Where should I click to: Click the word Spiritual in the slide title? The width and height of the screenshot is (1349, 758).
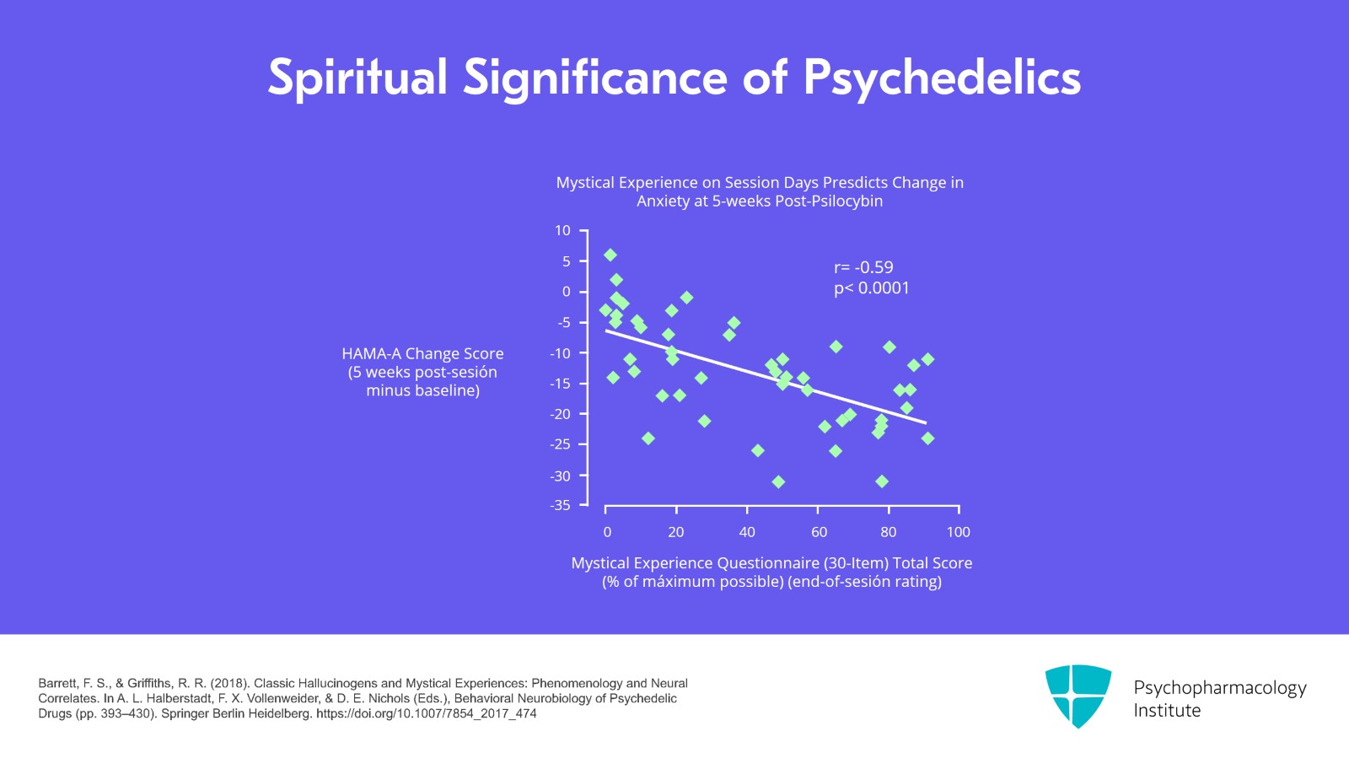coord(357,78)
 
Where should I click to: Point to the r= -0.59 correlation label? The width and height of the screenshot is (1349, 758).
coord(863,267)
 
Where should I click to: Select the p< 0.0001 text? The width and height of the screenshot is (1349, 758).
coord(872,288)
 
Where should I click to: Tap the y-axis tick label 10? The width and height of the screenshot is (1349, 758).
coord(562,230)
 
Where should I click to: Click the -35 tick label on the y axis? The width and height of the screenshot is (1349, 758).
coord(560,505)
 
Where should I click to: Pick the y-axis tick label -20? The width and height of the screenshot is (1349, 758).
coord(560,414)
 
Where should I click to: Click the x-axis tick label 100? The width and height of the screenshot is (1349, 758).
coord(958,532)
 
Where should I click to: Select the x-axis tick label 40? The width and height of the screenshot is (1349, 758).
coord(747,532)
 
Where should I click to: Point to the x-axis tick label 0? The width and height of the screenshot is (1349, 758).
coord(607,532)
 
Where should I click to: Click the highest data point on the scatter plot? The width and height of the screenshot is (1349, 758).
coord(610,255)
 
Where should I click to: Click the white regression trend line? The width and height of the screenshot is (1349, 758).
coord(766,376)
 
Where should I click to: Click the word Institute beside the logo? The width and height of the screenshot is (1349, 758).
coord(1167,711)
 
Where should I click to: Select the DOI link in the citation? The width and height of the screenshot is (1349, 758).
coord(427,713)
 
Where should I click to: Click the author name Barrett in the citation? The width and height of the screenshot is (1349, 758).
coord(57,683)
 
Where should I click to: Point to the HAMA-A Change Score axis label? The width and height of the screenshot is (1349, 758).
coord(422,354)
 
